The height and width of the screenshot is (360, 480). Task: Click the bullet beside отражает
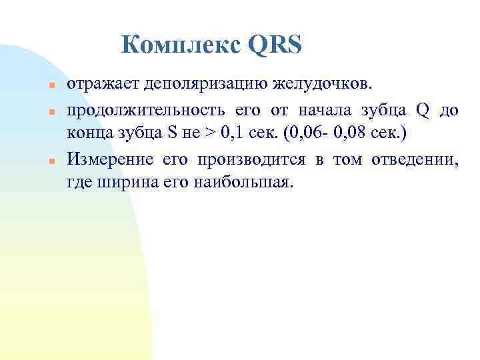[x=51, y=87]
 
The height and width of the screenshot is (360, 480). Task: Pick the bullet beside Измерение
[x=51, y=160]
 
